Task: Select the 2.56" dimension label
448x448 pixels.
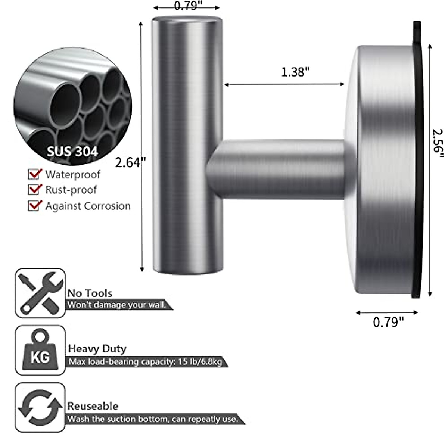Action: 437,144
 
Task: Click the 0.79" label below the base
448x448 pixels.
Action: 388,322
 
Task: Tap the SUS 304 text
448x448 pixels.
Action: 72,151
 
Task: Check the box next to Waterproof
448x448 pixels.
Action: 35,174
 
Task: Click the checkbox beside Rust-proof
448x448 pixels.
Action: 35,189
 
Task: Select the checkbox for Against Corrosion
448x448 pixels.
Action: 35,205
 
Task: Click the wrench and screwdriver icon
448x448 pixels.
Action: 40,293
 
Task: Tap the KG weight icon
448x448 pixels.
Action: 40,350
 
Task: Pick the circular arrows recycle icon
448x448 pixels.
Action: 40,407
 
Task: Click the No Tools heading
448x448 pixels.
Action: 90,293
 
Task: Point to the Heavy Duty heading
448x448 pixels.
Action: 97,349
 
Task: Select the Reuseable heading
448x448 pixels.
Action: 93,406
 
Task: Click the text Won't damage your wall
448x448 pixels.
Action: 117,305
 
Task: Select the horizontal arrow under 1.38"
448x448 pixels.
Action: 284,85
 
